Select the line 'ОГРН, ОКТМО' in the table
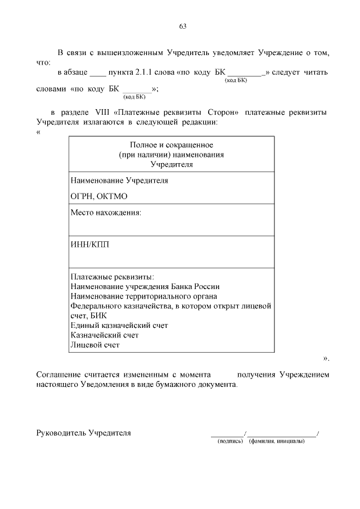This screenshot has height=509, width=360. [x=99, y=196]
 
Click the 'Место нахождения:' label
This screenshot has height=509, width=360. [x=105, y=213]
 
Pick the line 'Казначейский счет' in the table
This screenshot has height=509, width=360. [x=105, y=335]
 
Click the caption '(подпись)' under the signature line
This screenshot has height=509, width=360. [x=229, y=440]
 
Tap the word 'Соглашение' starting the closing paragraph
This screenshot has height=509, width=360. [x=58, y=374]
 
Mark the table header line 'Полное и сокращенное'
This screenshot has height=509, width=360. [x=172, y=145]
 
